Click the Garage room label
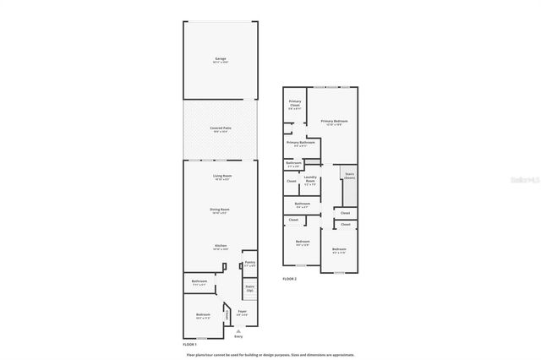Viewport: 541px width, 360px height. pyautogui.click(x=220, y=59)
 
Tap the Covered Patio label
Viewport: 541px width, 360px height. pyautogui.click(x=221, y=128)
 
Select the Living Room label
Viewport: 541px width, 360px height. pyautogui.click(x=221, y=177)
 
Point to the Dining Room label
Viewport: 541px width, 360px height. pyautogui.click(x=220, y=210)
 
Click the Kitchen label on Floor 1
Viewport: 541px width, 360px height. pyautogui.click(x=220, y=247)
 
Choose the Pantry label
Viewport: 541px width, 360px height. pyautogui.click(x=249, y=263)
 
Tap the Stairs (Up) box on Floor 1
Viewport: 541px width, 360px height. pyautogui.click(x=249, y=289)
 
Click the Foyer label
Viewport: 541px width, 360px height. pyautogui.click(x=242, y=313)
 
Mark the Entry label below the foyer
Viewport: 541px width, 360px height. pyautogui.click(x=238, y=335)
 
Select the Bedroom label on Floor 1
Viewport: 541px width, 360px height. pyautogui.click(x=203, y=316)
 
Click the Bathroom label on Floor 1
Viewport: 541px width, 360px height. pyautogui.click(x=199, y=281)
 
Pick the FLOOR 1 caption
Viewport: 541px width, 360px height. pyautogui.click(x=189, y=345)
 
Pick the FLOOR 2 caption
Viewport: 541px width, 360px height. pyautogui.click(x=289, y=278)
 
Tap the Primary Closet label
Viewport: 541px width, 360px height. pyautogui.click(x=293, y=106)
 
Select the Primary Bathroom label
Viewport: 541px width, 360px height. pyautogui.click(x=300, y=144)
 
